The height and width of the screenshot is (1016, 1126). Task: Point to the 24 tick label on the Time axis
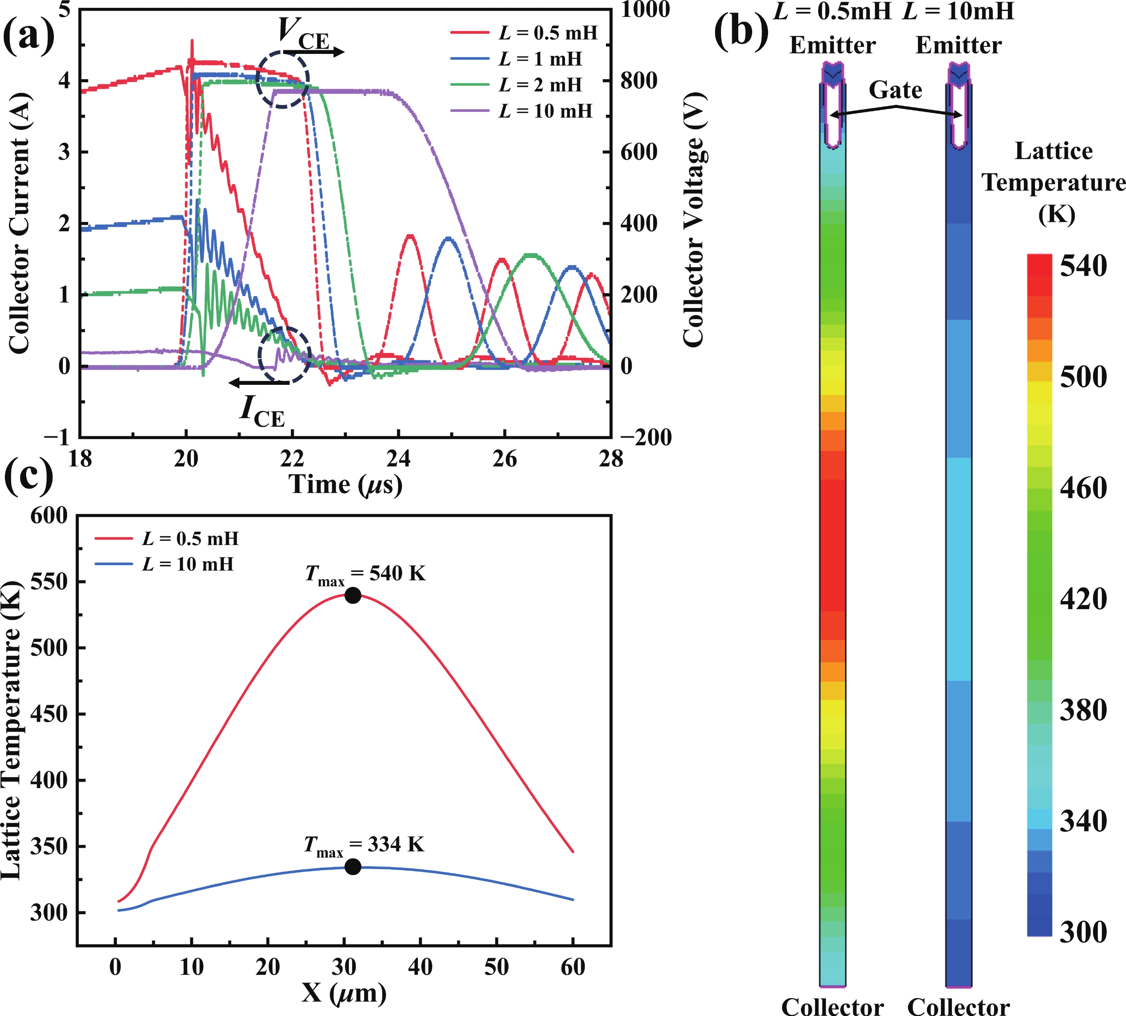[x=398, y=459]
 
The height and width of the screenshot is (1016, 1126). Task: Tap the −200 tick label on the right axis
[x=645, y=437]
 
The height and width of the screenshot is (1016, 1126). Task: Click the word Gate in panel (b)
[x=896, y=89]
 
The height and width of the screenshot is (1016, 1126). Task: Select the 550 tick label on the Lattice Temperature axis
[x=48, y=582]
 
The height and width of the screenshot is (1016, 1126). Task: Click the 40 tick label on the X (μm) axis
[x=420, y=966]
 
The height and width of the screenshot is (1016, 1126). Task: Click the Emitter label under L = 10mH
[x=958, y=45]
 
